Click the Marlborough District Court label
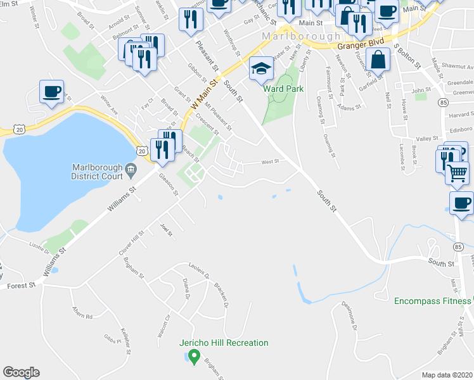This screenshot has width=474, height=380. (97, 172)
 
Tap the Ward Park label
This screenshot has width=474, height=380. (283, 89)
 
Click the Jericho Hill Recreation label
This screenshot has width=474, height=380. (224, 343)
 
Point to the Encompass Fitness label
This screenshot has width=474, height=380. (433, 300)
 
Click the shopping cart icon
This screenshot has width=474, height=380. (457, 172)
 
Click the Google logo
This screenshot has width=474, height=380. (21, 372)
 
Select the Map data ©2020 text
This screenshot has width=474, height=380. (446, 375)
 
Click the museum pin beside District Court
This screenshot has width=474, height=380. (131, 168)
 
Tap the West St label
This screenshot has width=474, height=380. (271, 161)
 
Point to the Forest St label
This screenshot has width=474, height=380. (22, 286)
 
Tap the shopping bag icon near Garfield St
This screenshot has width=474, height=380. (378, 61)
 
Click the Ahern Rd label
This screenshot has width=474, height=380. (82, 315)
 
